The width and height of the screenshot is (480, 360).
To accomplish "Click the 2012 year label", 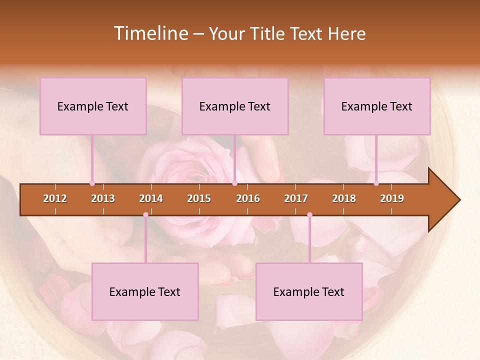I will click(x=55, y=198).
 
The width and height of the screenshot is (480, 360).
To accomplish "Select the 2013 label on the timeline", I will click(x=103, y=198).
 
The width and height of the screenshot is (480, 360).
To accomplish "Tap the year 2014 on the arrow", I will click(x=151, y=198).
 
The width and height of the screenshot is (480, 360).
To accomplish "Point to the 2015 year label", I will click(x=199, y=198).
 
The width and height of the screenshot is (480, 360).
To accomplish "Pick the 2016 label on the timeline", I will click(x=248, y=198).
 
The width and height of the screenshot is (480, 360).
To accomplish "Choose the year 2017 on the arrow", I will click(x=296, y=198).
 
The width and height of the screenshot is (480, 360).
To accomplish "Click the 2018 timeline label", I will click(x=344, y=198).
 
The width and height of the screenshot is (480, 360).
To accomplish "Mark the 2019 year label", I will click(x=392, y=198).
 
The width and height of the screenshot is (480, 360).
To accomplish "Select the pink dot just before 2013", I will click(x=92, y=183).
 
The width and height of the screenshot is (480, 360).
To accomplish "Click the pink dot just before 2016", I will click(x=234, y=183).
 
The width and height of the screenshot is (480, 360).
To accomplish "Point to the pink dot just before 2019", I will click(x=376, y=183).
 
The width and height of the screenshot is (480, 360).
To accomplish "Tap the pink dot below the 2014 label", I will click(x=145, y=215).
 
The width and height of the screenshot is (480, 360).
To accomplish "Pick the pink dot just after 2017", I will click(x=309, y=215).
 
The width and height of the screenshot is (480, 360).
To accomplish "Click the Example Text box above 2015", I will click(x=235, y=106).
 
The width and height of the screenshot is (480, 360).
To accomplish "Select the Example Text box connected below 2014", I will click(x=145, y=291).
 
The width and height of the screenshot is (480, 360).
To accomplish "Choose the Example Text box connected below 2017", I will click(x=309, y=291).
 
